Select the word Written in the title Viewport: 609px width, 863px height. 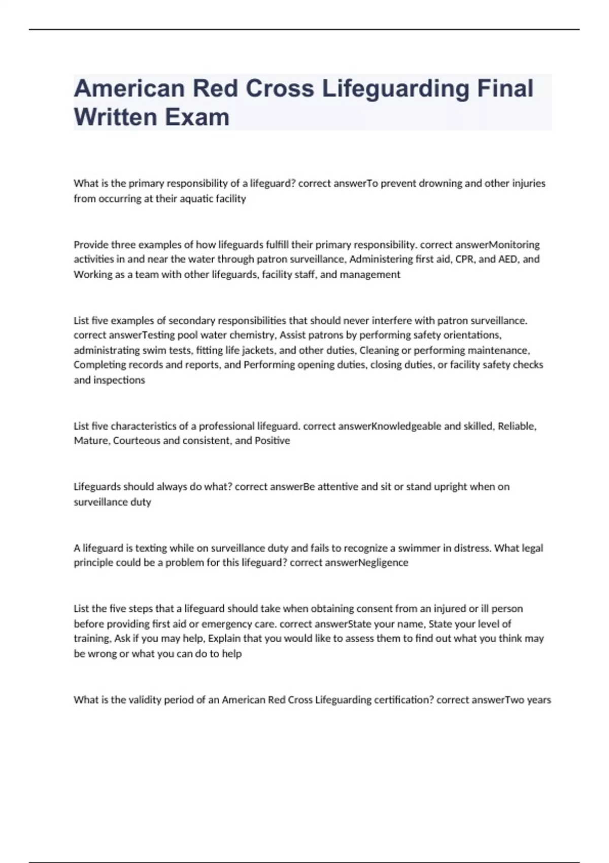(115, 117)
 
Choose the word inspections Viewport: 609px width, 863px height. (119, 380)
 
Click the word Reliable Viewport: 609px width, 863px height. (517, 426)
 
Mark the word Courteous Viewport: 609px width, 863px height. (136, 441)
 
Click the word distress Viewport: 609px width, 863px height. (471, 548)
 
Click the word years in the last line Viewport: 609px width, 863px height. (539, 700)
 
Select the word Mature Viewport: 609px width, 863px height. (91, 441)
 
